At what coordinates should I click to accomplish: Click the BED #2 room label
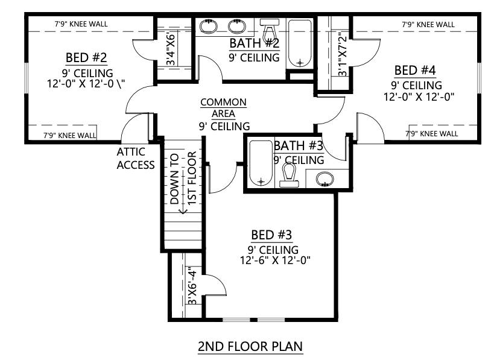coord(86,58)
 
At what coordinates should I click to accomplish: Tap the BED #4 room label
coord(415,71)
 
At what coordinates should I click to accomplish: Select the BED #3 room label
coord(271,235)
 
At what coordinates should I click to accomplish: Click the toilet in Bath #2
coord(269,30)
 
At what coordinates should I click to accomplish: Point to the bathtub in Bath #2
coord(300,44)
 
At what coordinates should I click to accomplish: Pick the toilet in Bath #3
coord(289,175)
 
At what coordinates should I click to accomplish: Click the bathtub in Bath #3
coord(261,163)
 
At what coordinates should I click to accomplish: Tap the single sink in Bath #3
coord(325,179)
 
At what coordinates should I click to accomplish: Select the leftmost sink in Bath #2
coord(209,27)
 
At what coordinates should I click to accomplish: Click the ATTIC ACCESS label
coord(136,159)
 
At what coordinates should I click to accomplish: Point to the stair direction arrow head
coord(183,211)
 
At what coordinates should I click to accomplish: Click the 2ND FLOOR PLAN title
coord(250,346)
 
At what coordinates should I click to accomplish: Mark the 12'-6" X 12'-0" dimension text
coord(275,260)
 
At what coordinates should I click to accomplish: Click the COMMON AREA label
coord(223,108)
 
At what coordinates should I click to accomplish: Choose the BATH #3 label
coord(298,146)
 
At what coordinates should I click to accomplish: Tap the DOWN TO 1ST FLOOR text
coord(183,178)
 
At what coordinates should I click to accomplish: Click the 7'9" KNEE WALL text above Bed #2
coord(81,24)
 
